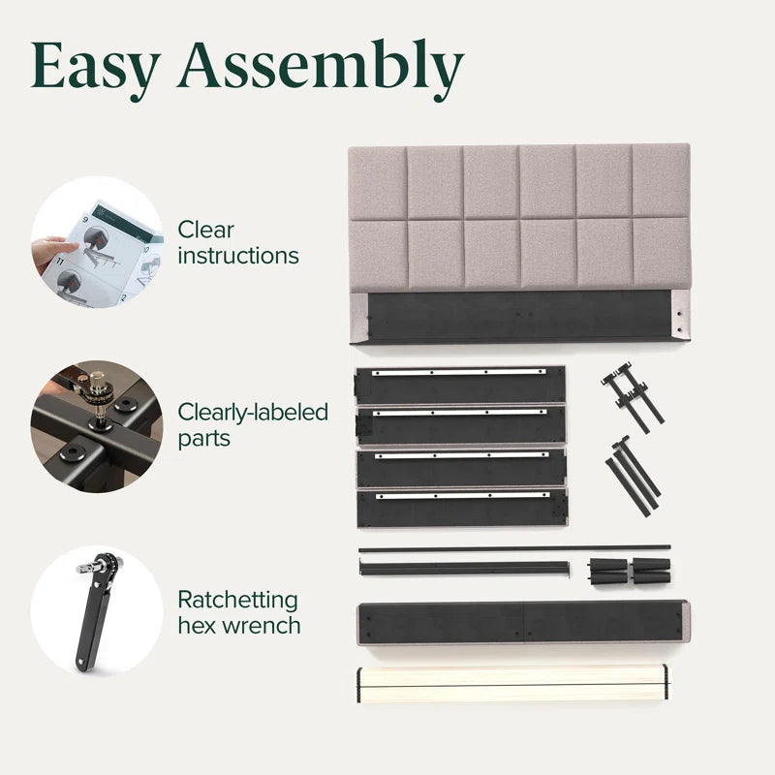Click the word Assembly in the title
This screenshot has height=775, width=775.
322,69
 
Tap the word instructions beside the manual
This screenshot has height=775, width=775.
238,256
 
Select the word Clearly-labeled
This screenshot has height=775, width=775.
253,413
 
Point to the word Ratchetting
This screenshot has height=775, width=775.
237,600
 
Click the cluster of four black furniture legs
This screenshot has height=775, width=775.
630,572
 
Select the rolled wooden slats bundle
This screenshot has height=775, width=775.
512,684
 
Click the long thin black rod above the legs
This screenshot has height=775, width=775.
514,548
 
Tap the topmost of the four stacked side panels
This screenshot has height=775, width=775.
460,385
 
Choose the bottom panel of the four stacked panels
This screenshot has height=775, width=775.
463,508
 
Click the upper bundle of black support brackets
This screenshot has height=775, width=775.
633,398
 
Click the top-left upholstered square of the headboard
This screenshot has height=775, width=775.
378,183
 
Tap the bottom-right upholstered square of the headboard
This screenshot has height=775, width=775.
662,253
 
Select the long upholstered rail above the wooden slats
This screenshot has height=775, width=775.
523,623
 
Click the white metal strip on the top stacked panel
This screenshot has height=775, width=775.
459,372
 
